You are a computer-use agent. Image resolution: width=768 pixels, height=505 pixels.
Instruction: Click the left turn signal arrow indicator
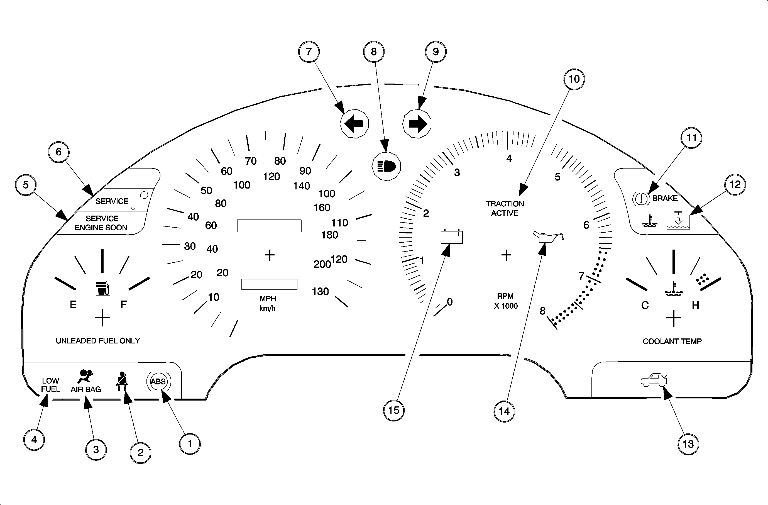354,124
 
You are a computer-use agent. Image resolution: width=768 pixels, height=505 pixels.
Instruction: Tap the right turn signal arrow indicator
417,124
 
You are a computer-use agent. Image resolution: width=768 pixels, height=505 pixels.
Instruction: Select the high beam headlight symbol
386,167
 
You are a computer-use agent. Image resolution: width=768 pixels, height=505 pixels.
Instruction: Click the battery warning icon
451,236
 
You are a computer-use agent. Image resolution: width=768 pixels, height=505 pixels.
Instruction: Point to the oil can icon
548,237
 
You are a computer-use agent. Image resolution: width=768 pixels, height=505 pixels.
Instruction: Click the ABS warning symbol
158,382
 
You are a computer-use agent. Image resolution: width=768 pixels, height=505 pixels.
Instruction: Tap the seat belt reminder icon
122,381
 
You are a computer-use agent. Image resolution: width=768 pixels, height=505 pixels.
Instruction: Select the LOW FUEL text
50,385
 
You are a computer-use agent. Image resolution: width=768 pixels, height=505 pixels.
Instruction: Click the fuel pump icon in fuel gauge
103,288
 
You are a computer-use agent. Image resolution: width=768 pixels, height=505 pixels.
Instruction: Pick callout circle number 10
574,79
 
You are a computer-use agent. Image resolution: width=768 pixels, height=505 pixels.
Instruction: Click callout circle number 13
688,444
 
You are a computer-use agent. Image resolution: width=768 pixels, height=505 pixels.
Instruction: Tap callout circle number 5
26,185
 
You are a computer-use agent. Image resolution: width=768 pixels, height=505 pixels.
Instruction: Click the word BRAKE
665,198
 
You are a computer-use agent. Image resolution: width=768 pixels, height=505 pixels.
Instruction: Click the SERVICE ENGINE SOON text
101,223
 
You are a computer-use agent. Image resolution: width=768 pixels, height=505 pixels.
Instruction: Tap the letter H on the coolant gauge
695,305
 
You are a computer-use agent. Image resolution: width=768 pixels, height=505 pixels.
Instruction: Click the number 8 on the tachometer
542,311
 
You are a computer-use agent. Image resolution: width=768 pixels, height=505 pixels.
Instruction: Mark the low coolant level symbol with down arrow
678,222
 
